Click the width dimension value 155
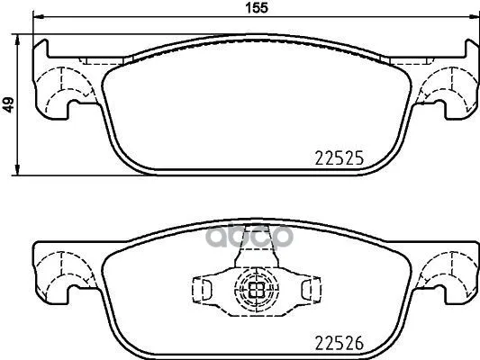[x=258, y=7]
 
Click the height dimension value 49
[x=9, y=105]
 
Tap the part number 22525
[x=340, y=158]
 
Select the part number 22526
[x=340, y=343]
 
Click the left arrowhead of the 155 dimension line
[x=37, y=17]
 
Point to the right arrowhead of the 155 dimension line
[x=475, y=17]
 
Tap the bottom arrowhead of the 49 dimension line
[x=18, y=171]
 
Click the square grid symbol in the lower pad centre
[x=257, y=289]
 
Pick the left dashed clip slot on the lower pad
[x=202, y=289]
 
